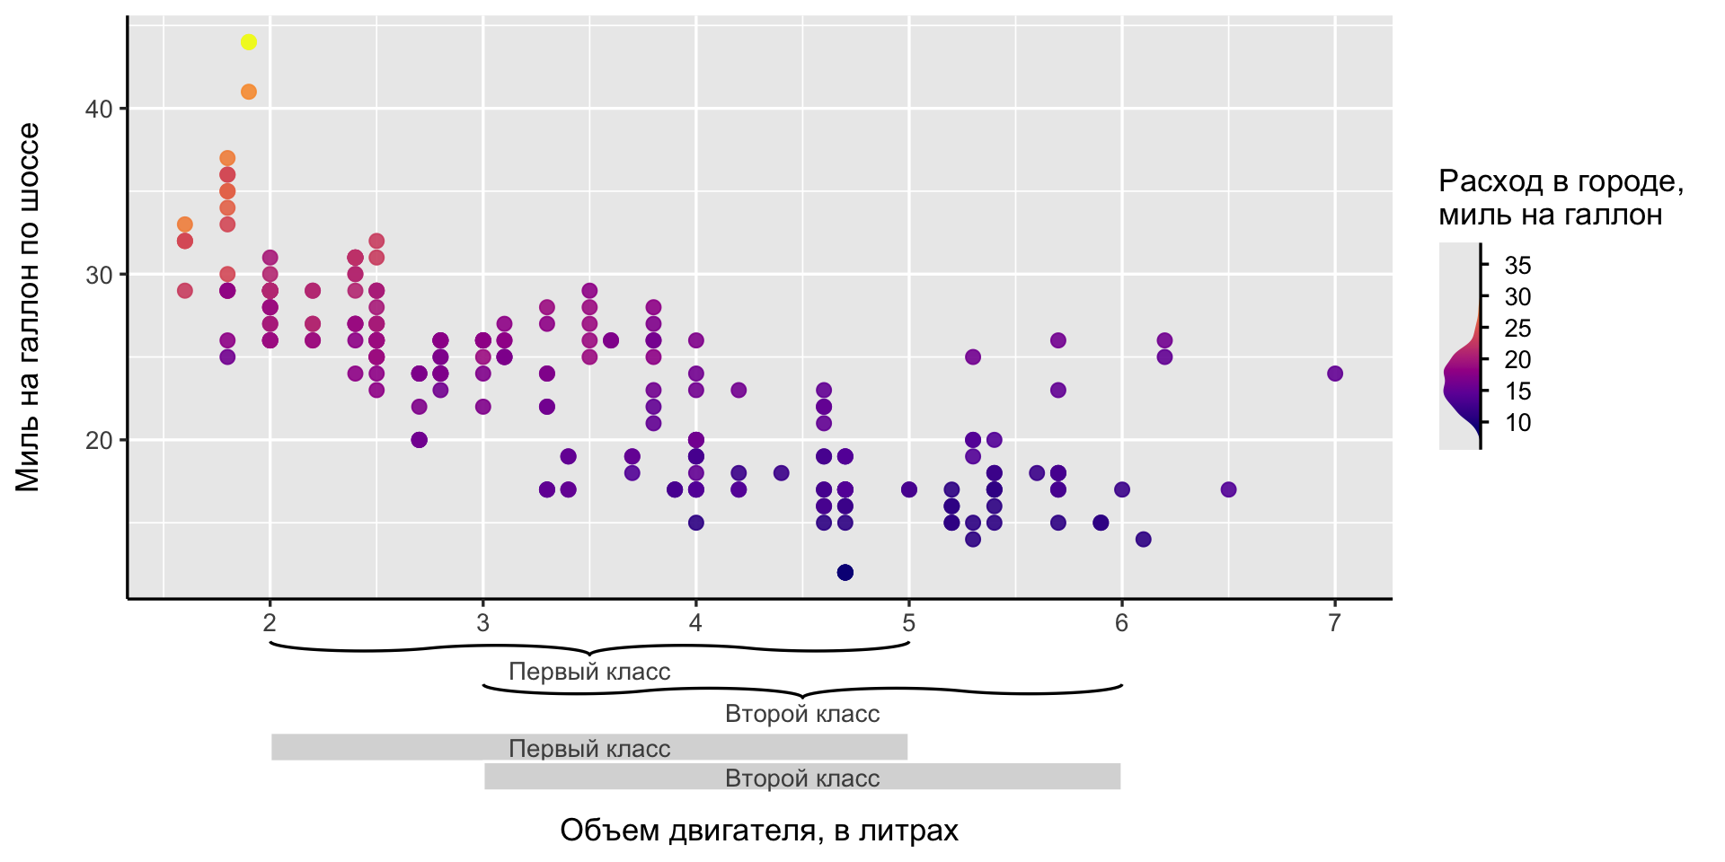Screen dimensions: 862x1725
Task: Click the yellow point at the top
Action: pos(249,42)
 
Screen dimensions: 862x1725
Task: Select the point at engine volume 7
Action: pos(1335,374)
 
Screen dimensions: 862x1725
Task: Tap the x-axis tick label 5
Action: pos(908,622)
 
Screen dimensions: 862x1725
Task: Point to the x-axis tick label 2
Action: pos(270,622)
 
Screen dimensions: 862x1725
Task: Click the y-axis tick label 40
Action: pos(99,110)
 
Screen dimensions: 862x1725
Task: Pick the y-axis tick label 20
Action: pos(99,441)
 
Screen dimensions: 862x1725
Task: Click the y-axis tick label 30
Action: pos(99,276)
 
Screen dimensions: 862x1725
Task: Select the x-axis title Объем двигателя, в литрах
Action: pos(759,831)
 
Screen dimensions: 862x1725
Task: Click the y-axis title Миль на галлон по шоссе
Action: pos(29,307)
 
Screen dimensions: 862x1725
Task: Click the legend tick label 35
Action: pos(1517,266)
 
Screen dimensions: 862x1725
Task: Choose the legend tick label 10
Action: pos(1517,423)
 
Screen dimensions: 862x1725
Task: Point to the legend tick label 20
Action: pos(1517,360)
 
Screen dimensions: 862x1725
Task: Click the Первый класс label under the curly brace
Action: pos(589,672)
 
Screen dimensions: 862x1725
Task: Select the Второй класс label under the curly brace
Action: pos(802,714)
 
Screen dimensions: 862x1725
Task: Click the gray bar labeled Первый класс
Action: pos(359,747)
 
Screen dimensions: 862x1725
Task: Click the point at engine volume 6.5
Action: pos(1228,489)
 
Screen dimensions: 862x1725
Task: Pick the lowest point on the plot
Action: pos(845,573)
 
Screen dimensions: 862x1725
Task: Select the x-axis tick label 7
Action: pos(1334,622)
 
